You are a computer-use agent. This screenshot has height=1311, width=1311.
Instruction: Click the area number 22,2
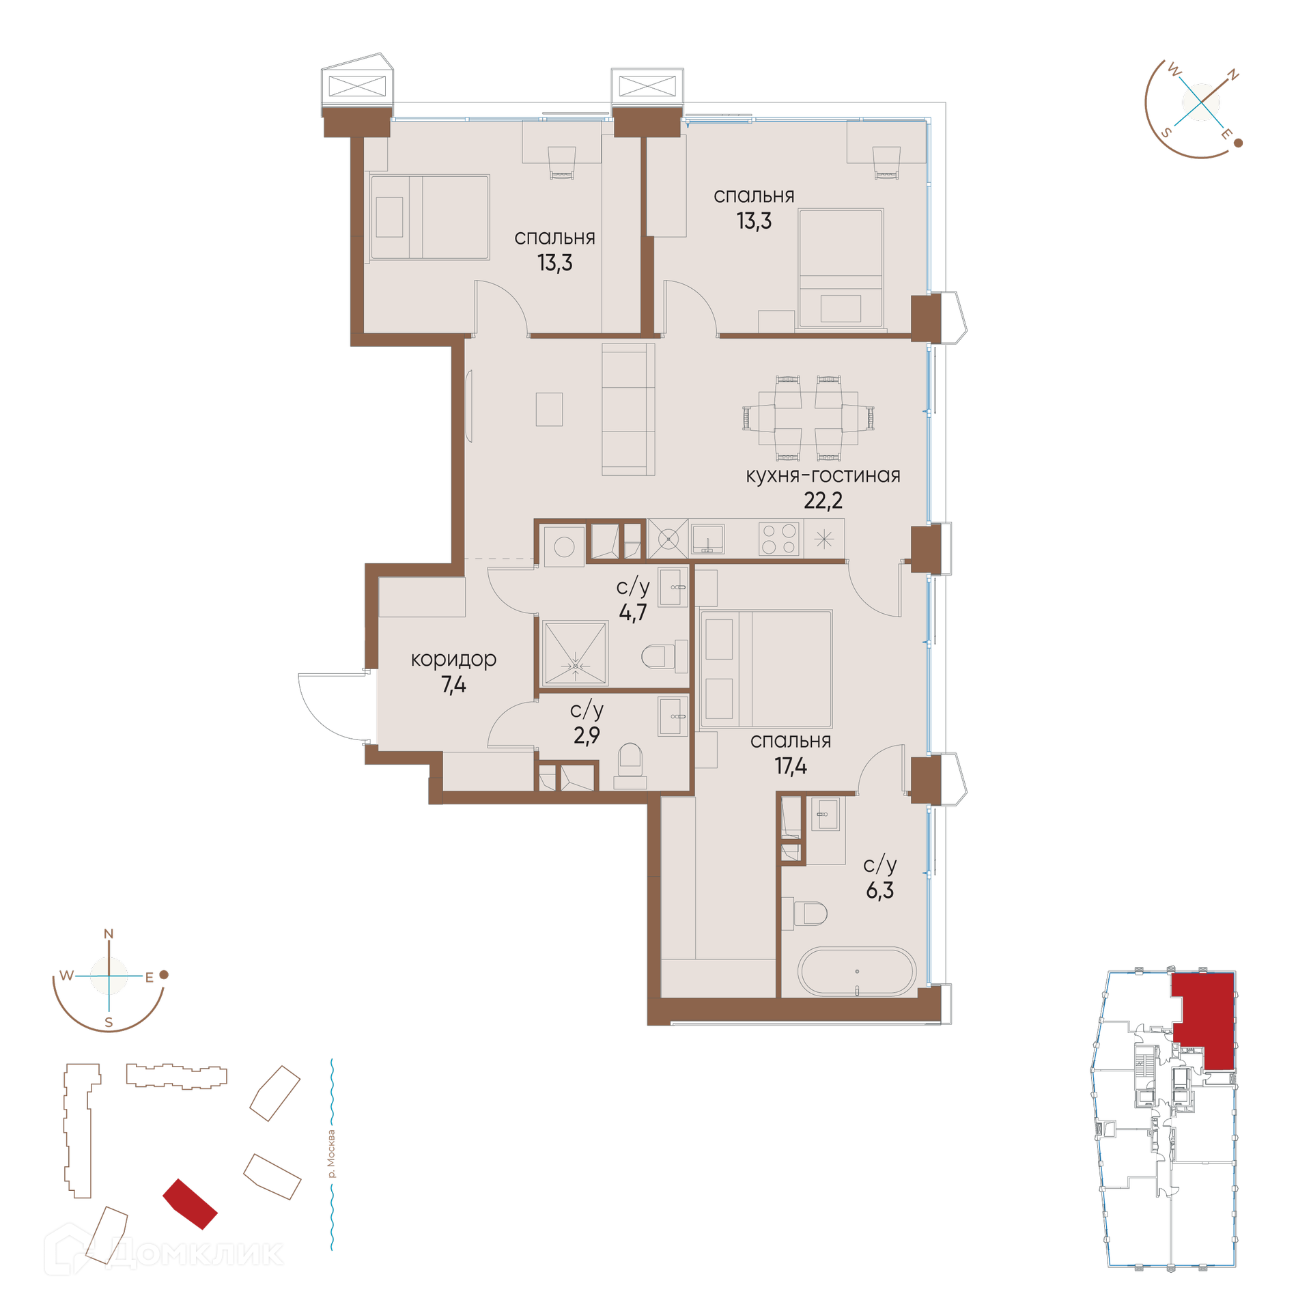pos(823,501)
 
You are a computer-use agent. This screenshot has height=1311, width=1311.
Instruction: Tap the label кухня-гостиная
pos(823,475)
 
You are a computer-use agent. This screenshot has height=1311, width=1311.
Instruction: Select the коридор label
pos(453,660)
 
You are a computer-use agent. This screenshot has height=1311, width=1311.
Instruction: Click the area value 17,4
pos(791,766)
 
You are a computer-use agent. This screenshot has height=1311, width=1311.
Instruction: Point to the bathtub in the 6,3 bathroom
pos(857,971)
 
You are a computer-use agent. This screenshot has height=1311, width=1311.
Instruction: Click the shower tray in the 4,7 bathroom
pos(574,653)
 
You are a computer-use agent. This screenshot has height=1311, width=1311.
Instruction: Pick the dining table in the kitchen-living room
pos(808,418)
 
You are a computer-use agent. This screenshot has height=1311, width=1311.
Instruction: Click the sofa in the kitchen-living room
pos(628,409)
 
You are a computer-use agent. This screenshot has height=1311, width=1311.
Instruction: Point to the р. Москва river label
pos(331,1154)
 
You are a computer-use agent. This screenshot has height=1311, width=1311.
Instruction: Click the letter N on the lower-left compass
pos(109,933)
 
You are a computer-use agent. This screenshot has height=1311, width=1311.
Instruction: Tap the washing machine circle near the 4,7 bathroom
pos(564,547)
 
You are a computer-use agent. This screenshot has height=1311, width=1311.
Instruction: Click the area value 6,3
pos(879,890)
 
